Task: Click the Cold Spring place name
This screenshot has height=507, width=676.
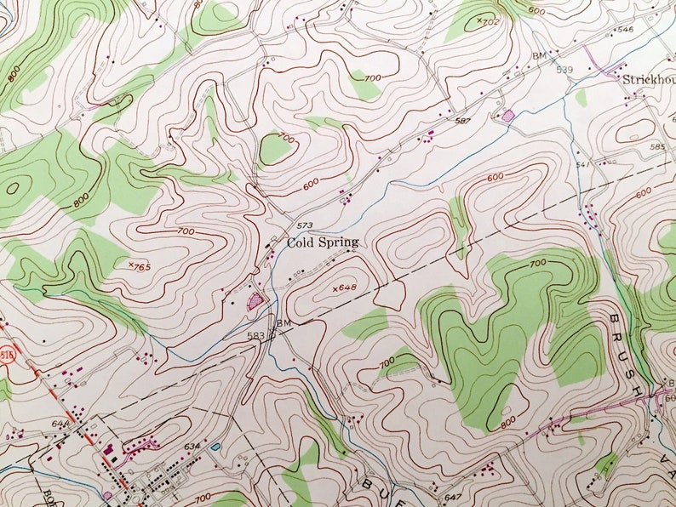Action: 322,242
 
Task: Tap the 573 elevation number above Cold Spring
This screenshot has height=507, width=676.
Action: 304,225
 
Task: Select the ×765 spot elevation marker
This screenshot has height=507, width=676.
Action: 139,267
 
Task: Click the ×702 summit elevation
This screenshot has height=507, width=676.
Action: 487,20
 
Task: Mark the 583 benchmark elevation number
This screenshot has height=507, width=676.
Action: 255,336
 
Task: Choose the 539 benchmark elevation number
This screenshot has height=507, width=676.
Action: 565,70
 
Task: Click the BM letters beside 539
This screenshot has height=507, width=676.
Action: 538,56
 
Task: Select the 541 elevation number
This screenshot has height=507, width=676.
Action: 582,164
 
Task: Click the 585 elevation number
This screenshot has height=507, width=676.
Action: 657,147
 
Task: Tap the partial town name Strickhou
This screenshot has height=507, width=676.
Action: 648,79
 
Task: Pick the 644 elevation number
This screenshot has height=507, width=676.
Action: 59,423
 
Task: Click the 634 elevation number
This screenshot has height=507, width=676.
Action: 192,445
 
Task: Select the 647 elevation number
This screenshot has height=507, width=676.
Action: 452,496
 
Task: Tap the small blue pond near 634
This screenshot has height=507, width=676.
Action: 215,446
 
